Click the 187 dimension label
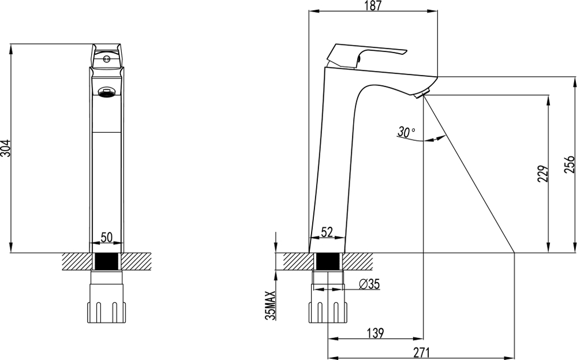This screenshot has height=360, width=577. [373, 6]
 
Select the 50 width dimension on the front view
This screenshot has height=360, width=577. [107, 238]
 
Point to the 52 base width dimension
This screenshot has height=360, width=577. [327, 232]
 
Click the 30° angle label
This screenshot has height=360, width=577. [406, 132]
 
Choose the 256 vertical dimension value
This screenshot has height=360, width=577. [569, 164]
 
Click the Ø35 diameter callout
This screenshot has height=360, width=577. [369, 284]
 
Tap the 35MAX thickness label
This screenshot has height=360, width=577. [271, 306]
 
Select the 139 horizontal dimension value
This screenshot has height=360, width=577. [376, 333]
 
